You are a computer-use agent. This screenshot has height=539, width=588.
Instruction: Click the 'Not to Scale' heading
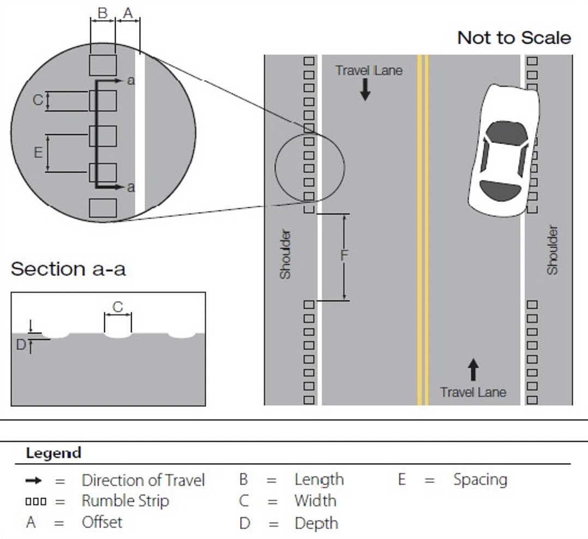pos(514,38)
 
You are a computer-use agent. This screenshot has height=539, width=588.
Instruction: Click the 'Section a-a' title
pos(68,269)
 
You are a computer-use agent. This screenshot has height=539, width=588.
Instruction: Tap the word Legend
pos(53,453)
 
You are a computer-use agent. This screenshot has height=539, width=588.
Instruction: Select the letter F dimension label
pos(344,255)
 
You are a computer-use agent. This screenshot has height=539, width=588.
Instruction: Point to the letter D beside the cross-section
pos(21,345)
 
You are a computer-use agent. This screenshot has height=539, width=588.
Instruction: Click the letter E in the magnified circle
pos(38,153)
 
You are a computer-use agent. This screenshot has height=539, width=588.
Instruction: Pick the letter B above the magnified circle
pos(103,13)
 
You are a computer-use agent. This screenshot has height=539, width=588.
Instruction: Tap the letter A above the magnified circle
pos(128,13)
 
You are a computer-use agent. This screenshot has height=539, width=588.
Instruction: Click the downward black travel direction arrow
pos(365,89)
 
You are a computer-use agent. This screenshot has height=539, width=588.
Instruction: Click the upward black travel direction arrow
pos(473,370)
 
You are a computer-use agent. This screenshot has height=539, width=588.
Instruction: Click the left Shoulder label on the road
pos(285,254)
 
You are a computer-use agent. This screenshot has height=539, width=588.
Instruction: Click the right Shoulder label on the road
pos(553,250)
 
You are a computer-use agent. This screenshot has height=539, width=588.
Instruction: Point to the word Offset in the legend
pos(102,522)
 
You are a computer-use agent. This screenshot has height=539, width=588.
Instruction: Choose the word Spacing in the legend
pos(481,480)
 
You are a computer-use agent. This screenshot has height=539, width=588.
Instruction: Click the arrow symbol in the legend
pos(33,481)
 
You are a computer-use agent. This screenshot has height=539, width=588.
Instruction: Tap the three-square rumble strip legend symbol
pos(36,501)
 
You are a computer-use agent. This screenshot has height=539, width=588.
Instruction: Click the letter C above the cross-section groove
pos(118,307)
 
